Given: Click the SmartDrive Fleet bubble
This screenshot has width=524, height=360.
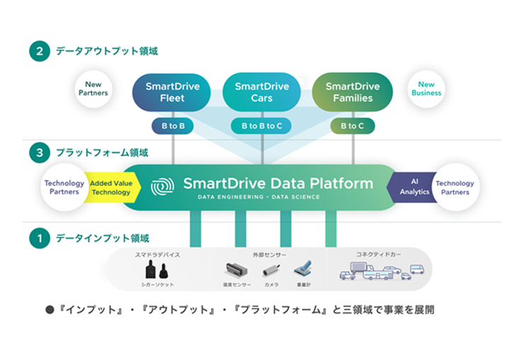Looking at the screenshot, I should click(173, 92).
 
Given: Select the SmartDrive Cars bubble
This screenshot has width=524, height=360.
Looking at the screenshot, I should click(262, 92).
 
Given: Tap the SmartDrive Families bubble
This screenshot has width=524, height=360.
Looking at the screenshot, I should click(352, 92).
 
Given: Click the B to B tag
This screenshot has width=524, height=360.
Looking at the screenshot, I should click(173, 126).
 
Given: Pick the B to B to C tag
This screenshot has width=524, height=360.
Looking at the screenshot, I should click(262, 126).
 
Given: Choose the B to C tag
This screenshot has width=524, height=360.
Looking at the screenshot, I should click(352, 126).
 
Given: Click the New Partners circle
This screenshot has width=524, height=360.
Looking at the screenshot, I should click(93, 89).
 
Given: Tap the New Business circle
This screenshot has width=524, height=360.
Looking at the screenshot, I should click(426, 89).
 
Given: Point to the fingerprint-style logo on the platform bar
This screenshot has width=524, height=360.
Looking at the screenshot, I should click(162, 186).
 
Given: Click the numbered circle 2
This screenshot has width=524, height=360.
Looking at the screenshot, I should click(38, 51).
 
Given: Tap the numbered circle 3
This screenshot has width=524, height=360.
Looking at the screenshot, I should click(38, 152).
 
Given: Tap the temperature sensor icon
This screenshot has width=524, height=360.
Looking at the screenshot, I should click(236, 270).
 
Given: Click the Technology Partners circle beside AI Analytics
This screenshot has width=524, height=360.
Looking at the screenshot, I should click(455, 188).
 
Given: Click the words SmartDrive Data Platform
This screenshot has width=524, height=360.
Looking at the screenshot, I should click(278, 184).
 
